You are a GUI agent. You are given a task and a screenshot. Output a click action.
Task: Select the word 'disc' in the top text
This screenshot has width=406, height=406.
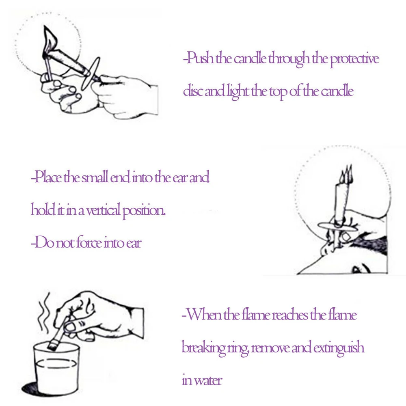click(x=191, y=91)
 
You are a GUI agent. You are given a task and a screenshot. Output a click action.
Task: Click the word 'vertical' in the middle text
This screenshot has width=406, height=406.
click(x=101, y=211)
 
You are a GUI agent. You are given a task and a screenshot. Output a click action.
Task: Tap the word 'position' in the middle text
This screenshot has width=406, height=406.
click(x=145, y=211)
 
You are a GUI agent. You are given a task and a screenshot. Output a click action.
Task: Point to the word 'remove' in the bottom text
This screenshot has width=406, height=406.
click(x=270, y=348)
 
